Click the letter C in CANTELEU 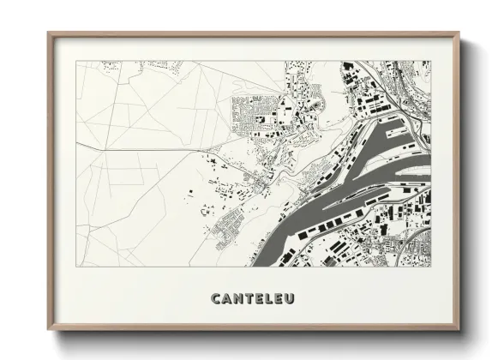pyautogui.click(x=216, y=299)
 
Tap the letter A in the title pyautogui.click(x=227, y=299)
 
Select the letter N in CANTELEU pyautogui.click(x=239, y=299)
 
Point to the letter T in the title pyautogui.click(x=250, y=299)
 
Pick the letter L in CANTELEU pyautogui.click(x=272, y=299)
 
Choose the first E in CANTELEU pyautogui.click(x=261, y=299)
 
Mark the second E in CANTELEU pyautogui.click(x=282, y=299)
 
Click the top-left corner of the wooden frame pyautogui.click(x=49, y=33)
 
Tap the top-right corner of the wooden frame pyautogui.click(x=459, y=33)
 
